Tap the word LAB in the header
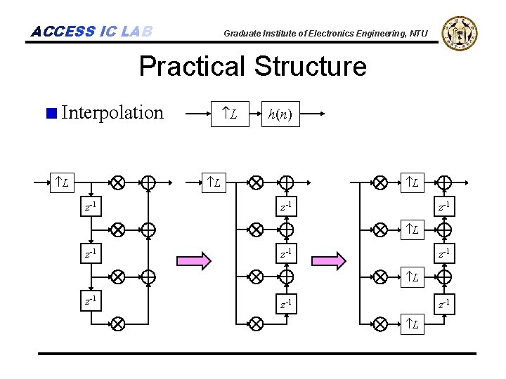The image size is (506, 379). click(136, 32)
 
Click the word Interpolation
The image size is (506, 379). click(112, 112)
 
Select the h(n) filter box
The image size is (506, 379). click(281, 113)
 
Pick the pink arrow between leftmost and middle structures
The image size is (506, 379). click(194, 261)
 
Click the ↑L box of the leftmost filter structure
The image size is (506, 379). click(63, 183)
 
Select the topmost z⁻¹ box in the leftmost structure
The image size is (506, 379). click(91, 206)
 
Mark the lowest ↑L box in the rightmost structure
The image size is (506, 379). click(415, 324)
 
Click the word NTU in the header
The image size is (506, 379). click(417, 33)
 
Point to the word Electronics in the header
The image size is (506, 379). click(329, 33)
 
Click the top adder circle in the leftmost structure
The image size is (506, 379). click(148, 183)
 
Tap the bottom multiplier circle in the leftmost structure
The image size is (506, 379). click(117, 324)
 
